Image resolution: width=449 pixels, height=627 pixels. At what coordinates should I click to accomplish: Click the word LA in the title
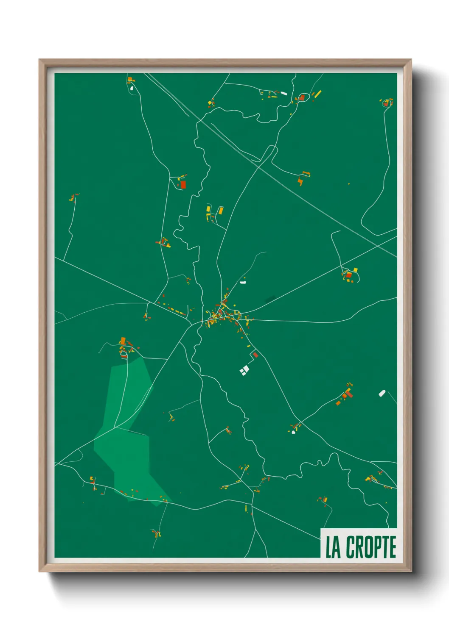pos(333,547)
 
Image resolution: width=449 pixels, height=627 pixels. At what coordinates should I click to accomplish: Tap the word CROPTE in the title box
pos(371,547)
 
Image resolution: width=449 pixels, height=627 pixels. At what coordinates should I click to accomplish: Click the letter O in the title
pos(366,547)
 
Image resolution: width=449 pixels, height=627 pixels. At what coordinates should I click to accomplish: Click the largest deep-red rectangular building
pos(183,185)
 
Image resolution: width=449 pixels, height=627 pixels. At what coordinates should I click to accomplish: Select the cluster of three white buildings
pos(244,371)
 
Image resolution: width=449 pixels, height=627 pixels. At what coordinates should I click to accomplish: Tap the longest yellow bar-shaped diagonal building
pos(317,94)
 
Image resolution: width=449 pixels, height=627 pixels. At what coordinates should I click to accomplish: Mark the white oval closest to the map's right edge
pos(382,393)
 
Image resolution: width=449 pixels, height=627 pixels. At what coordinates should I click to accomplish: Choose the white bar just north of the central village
pos(243,282)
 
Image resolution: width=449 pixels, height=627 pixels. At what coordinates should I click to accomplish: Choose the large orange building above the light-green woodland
pos(123,341)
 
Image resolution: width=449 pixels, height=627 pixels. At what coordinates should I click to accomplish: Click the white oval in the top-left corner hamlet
pos(132,88)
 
